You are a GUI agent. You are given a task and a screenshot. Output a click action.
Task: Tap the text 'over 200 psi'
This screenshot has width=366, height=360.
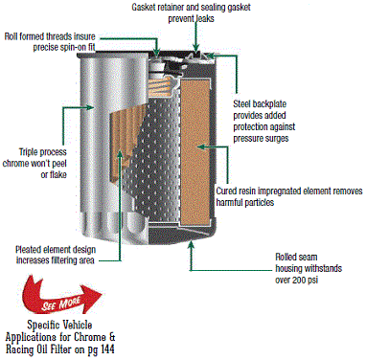296,280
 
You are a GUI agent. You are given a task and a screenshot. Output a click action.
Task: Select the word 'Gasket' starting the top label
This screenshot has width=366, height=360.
144,8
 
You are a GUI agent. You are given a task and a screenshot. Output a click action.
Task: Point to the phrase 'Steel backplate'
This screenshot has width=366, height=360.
260,104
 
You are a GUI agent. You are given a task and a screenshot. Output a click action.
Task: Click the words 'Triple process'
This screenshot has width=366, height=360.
42,152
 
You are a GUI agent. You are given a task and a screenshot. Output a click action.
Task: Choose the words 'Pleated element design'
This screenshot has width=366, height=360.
56,249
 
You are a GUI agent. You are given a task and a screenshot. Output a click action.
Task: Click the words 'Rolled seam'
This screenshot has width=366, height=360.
296,257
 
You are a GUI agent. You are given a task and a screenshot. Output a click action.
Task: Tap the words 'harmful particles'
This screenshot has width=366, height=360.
245,202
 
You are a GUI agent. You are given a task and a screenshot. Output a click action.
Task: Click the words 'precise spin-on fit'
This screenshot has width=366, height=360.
64,47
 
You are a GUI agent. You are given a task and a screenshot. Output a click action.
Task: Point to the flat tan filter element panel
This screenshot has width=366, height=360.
194,150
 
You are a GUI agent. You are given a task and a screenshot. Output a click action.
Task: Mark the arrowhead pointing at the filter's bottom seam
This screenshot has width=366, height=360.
191,245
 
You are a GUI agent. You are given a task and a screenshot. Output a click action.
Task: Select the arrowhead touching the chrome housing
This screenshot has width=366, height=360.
90,107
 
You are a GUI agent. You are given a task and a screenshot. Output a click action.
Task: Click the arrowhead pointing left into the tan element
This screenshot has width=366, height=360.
201,146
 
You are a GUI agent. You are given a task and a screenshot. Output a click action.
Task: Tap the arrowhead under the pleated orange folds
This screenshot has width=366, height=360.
120,154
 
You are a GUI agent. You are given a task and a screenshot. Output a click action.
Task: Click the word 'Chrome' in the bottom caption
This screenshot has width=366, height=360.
90,337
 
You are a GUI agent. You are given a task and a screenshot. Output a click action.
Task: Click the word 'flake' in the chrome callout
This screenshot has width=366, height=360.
58,175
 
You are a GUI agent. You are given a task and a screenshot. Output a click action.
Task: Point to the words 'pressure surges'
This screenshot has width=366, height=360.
261,139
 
